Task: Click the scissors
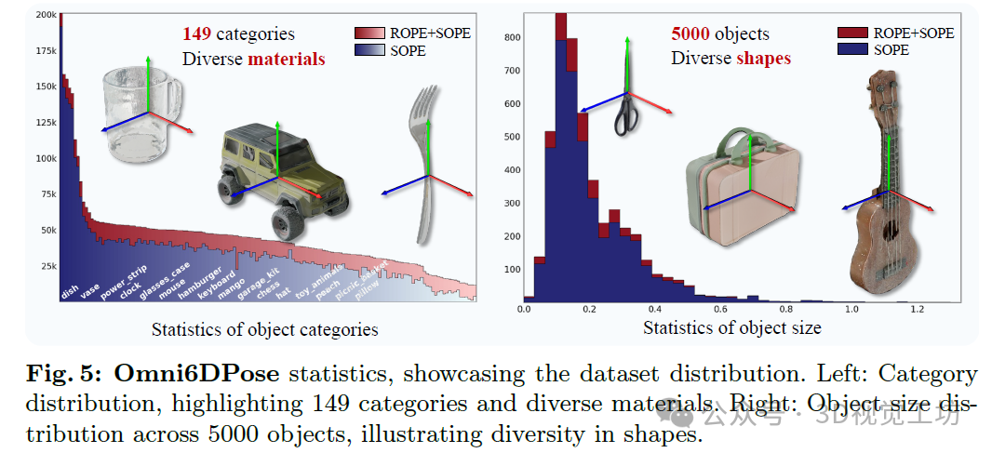click(x=625, y=102)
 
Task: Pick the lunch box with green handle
click(x=740, y=191)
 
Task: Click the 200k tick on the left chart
click(x=45, y=15)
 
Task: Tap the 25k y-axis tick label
click(x=47, y=267)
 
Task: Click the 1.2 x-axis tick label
click(x=917, y=309)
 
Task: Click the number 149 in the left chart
click(x=197, y=35)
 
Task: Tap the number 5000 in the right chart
click(x=690, y=34)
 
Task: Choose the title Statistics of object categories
click(x=264, y=329)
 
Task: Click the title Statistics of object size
click(x=731, y=327)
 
